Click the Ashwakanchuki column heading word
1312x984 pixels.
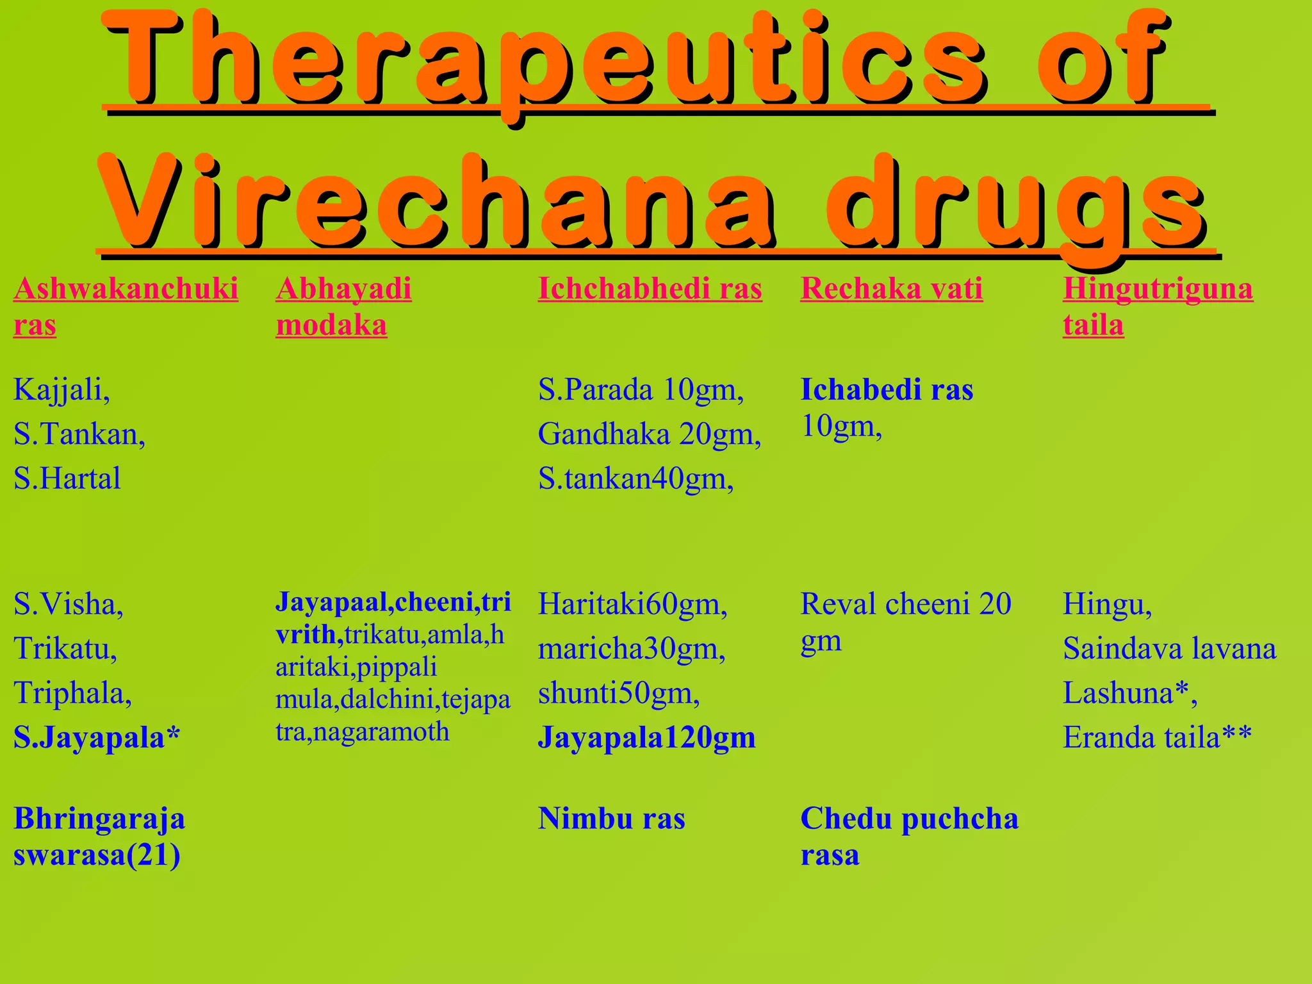pos(126,288)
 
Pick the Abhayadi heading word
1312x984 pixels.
pos(343,288)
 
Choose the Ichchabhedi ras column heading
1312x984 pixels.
pos(650,288)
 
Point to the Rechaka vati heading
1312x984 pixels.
pos(891,288)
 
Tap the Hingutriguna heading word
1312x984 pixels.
pos(1158,288)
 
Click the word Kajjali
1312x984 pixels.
pos(61,389)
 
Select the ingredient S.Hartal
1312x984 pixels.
pos(67,479)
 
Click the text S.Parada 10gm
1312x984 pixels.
pos(641,389)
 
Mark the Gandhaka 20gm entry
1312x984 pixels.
pos(649,434)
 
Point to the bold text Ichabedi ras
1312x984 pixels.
pos(887,389)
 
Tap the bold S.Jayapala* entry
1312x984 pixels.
pos(97,737)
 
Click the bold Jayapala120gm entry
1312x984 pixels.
pos(646,737)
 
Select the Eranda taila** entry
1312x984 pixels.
pos(1157,737)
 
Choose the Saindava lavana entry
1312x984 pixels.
pos(1169,648)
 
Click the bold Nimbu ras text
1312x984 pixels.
pos(611,819)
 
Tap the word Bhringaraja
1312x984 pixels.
pos(99,819)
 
